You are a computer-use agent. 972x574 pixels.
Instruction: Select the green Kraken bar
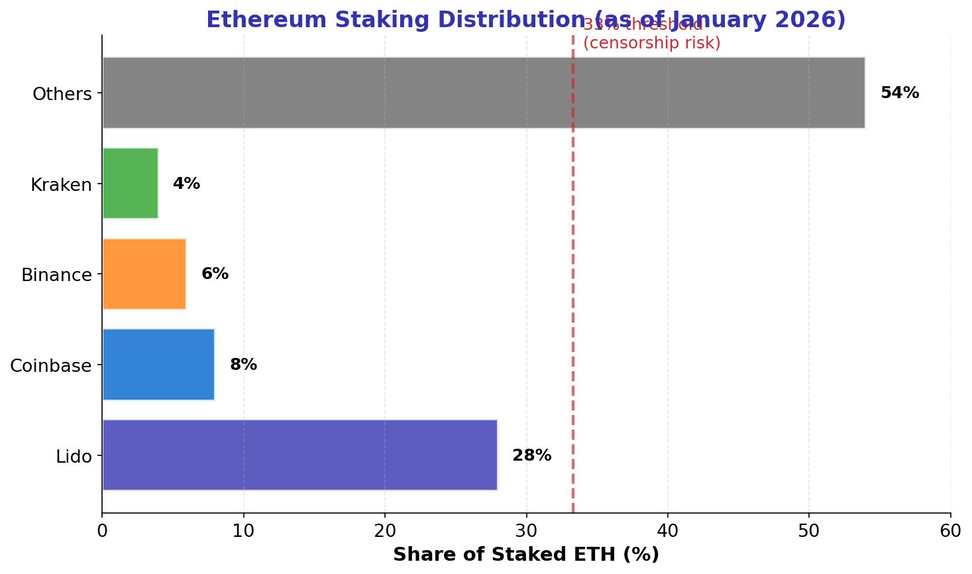click(131, 184)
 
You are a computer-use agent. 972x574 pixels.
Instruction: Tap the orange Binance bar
click(144, 274)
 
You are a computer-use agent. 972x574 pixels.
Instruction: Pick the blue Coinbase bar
click(158, 365)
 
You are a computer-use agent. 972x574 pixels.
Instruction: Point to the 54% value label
click(899, 93)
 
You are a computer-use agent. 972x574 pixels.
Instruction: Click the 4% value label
click(186, 184)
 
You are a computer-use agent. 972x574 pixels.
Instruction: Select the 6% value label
click(215, 274)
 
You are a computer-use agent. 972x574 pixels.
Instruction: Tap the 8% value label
click(243, 365)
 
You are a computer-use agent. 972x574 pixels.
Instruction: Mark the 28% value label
click(531, 455)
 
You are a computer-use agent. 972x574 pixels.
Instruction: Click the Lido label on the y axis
click(74, 456)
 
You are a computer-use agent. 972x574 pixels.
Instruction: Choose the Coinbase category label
click(51, 365)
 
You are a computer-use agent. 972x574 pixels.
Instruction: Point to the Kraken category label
click(61, 184)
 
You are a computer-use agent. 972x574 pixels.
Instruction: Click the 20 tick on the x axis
click(385, 531)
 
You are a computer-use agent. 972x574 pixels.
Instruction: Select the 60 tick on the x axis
click(950, 531)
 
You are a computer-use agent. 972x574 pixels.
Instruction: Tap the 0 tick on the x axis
click(102, 531)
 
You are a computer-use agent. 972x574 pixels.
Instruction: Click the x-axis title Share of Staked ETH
click(526, 555)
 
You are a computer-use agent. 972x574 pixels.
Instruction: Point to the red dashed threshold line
click(572, 298)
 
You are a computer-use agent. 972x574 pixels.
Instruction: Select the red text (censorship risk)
click(651, 44)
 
